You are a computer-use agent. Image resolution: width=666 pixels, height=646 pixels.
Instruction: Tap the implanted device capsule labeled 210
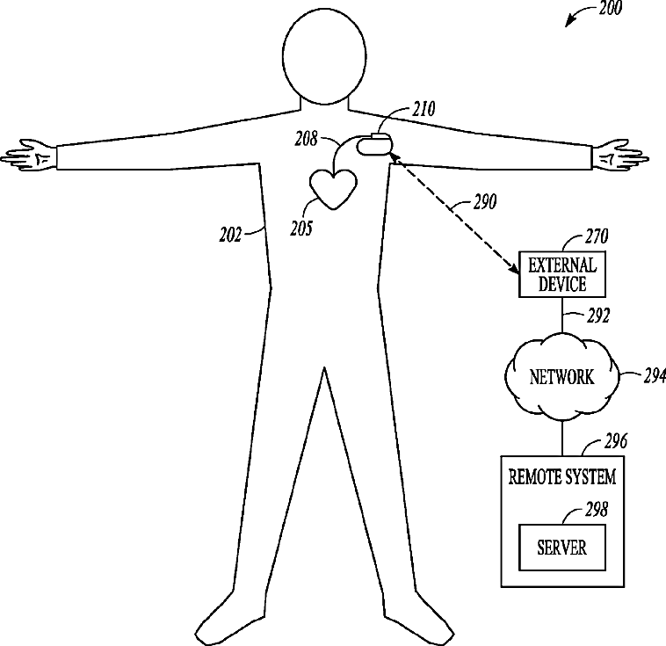[373, 143]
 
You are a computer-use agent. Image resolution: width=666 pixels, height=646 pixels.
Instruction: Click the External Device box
[562, 275]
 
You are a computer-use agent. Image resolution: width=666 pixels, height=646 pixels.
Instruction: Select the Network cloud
[561, 378]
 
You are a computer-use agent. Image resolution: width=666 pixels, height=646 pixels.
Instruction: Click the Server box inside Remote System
[561, 547]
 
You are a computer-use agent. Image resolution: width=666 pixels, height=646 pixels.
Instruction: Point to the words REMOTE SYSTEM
[561, 477]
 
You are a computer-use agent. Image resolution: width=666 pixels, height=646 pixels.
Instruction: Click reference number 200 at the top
[609, 10]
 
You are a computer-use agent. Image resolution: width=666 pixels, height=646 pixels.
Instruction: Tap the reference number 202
[231, 235]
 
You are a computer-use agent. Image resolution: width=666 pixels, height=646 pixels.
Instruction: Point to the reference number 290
[482, 203]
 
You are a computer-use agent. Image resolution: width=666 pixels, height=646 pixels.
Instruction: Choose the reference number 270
[597, 237]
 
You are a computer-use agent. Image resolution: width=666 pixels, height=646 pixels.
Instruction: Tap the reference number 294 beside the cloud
[654, 376]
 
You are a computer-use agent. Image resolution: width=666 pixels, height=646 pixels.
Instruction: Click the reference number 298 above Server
[597, 508]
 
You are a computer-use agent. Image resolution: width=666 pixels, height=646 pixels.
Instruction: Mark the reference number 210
[423, 111]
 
